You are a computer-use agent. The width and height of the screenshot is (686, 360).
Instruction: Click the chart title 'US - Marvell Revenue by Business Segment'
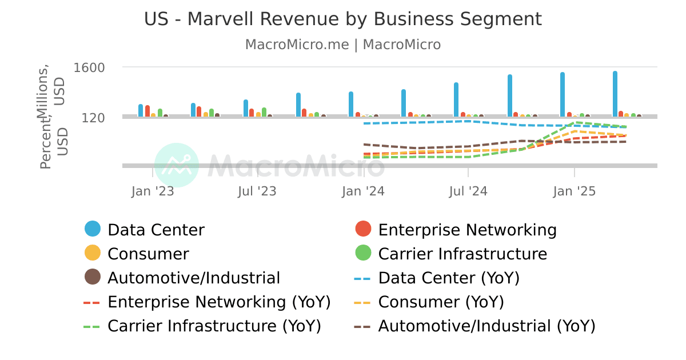point(342,19)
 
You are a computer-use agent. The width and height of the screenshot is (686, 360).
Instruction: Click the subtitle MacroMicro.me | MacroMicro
point(342,45)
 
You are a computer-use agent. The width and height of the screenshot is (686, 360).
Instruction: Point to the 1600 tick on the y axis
point(89,67)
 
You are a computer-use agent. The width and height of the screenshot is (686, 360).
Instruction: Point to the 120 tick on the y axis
point(93,118)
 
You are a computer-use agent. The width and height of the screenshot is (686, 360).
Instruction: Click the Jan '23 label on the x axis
point(152,191)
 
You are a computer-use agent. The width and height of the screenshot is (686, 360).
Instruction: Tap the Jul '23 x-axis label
point(257,191)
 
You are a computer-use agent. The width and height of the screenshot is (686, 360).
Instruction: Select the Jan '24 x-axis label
point(364,191)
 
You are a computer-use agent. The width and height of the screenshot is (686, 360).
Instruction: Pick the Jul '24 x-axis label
point(468,191)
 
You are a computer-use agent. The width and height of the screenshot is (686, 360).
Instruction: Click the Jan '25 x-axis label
point(574,191)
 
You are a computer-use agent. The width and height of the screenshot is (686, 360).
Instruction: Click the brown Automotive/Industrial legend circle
point(93,277)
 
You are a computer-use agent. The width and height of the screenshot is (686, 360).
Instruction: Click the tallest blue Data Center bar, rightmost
point(615,94)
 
